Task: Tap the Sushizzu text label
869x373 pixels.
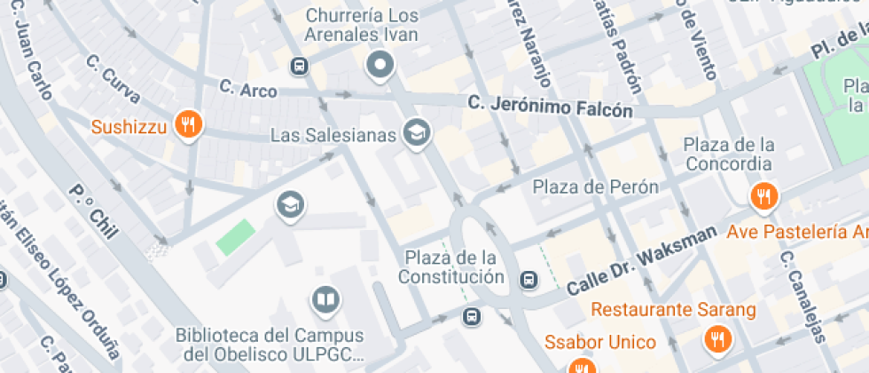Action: pyautogui.click(x=129, y=127)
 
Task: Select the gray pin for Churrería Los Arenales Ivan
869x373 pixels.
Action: pyautogui.click(x=381, y=65)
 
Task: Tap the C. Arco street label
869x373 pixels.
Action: pyautogui.click(x=247, y=90)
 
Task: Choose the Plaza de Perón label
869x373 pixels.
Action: pyautogui.click(x=595, y=186)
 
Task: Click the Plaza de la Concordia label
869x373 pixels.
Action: pyautogui.click(x=729, y=154)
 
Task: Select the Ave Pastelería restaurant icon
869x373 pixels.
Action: pyautogui.click(x=763, y=195)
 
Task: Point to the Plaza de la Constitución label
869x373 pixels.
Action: pyautogui.click(x=450, y=266)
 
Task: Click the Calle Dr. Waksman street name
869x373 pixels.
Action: pyautogui.click(x=640, y=260)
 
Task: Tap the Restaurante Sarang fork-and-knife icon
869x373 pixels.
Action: pyautogui.click(x=716, y=337)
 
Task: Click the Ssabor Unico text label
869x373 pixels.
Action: pyautogui.click(x=600, y=342)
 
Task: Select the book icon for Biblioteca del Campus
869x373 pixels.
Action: pyautogui.click(x=325, y=300)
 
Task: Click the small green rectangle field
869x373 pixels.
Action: pyautogui.click(x=236, y=237)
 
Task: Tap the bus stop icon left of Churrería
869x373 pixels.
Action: pyautogui.click(x=300, y=65)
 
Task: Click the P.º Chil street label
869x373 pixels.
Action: pyautogui.click(x=93, y=210)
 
